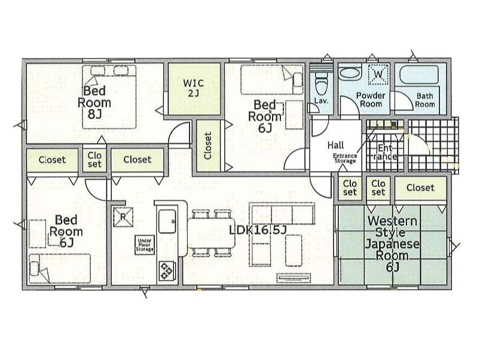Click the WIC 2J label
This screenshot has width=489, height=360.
193,88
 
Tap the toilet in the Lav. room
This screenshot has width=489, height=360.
321,82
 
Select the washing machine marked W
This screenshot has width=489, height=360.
378,74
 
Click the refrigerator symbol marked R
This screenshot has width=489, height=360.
123,217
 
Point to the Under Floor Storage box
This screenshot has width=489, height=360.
145,245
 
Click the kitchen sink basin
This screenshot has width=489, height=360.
167,221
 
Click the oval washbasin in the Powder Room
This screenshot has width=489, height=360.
350,74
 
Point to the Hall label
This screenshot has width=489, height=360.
335,145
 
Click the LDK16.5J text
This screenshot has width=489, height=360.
258,230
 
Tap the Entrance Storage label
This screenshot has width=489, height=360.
345,158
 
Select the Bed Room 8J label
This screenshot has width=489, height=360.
94,103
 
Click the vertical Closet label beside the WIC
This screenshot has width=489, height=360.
208,146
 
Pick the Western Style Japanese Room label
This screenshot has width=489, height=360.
392,244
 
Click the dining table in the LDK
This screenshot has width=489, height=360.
211,233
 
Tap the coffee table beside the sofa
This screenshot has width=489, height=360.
294,251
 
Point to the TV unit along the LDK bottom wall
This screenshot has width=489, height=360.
294,278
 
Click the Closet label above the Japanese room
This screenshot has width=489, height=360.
420,188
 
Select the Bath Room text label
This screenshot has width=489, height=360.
425,100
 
